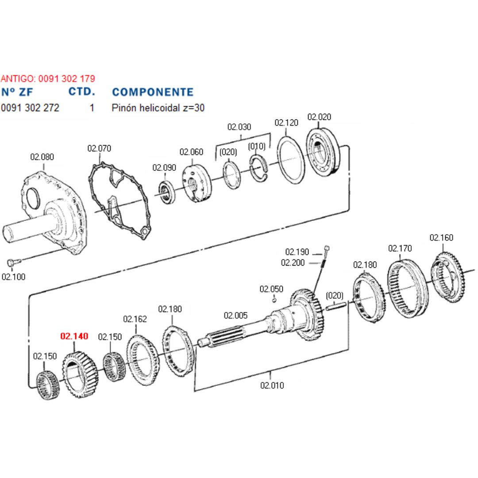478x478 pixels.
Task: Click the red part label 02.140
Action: [74, 336]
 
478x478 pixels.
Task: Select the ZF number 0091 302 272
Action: [30, 108]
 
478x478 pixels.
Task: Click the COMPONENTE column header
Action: [153, 92]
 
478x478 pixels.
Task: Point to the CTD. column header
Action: [81, 92]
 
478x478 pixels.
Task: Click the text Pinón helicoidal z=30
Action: [158, 108]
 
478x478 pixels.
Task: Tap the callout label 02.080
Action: [42, 157]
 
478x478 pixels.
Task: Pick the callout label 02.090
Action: [164, 168]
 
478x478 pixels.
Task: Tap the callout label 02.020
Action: [319, 117]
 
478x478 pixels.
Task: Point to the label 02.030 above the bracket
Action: [239, 127]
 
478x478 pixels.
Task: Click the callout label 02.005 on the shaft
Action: [235, 316]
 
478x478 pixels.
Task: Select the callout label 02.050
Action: [271, 289]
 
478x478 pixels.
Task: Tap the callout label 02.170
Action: [400, 248]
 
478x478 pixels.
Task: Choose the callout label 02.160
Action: [441, 238]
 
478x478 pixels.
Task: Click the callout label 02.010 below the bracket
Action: [272, 385]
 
